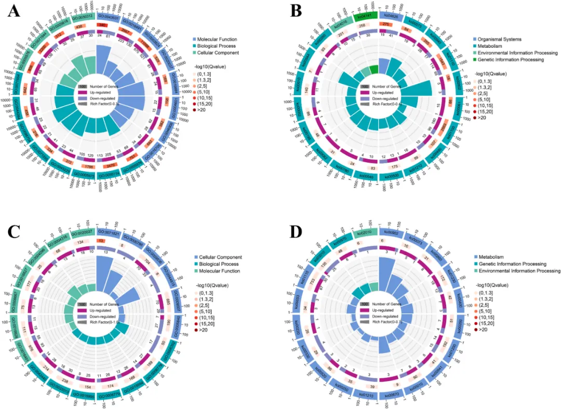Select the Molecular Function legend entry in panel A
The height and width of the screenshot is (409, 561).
pyautogui.click(x=217, y=39)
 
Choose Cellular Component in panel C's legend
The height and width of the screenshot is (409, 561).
pyautogui.click(x=218, y=258)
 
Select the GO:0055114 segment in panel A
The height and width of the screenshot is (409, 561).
pyautogui.click(x=83, y=174)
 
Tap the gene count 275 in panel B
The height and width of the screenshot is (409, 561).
pyautogui.click(x=386, y=24)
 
